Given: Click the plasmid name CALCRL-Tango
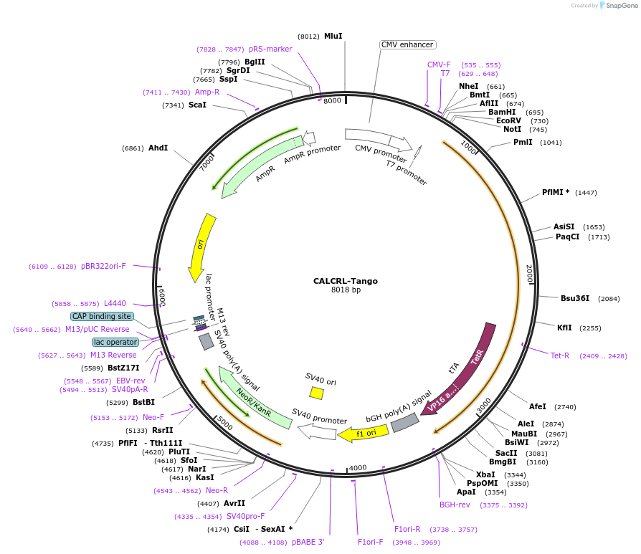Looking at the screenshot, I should [345, 281].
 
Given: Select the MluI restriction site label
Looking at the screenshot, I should [333, 36].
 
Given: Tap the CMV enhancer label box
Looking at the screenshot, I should [407, 44].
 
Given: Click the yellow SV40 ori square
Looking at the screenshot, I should [316, 393].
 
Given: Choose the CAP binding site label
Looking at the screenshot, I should [102, 316].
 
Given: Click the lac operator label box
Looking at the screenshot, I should [115, 343].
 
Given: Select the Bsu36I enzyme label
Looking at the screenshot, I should [574, 298].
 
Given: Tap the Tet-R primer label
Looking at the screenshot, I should [559, 355].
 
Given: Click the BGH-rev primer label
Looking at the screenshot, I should [455, 505].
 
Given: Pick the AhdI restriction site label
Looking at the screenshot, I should [158, 148].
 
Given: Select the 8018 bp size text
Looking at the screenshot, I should [346, 290].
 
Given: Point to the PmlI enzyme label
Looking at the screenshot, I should [523, 142].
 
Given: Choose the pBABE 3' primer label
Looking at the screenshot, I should [308, 542].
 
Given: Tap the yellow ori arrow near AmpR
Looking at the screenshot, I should [199, 247].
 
